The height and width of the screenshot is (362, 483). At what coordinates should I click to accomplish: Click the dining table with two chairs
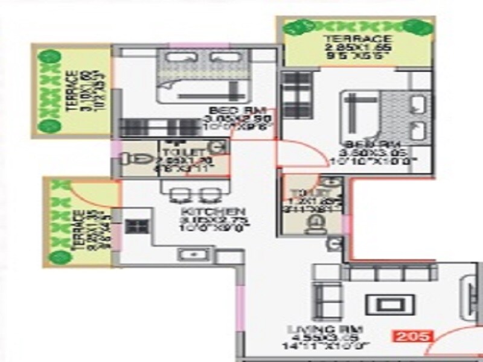(x=192, y=194)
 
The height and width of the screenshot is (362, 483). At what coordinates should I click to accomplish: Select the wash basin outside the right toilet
(x=331, y=244)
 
